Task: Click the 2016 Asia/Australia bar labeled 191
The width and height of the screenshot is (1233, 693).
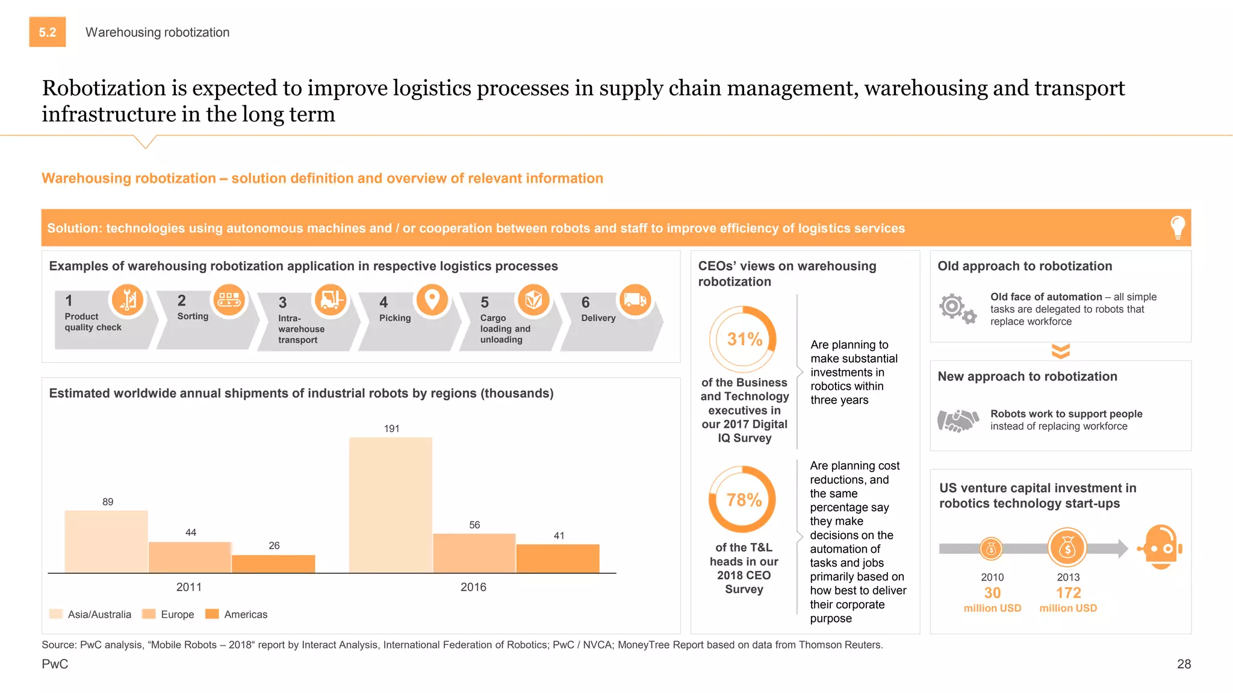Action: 391,505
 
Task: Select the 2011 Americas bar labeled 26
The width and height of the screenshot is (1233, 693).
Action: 273,564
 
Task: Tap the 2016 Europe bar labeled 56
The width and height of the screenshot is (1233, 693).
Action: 474,553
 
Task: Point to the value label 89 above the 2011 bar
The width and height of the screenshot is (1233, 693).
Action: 108,502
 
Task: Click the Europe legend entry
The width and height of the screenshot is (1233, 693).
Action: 168,614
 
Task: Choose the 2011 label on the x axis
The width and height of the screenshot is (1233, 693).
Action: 189,587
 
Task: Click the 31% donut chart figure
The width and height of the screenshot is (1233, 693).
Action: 744,339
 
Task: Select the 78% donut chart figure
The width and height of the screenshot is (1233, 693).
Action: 743,499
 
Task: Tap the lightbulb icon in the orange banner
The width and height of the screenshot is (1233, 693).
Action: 1177,227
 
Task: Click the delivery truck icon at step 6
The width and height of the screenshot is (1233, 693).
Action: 635,300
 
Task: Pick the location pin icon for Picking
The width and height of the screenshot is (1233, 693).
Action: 432,299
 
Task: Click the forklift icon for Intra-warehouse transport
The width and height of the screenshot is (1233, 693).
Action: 331,299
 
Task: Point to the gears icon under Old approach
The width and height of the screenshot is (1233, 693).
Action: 957,309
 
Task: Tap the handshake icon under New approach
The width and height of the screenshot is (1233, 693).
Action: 957,420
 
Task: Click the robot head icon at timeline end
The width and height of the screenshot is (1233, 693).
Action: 1161,547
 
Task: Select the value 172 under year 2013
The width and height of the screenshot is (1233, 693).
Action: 1068,593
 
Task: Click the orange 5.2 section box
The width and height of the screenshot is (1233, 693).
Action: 48,32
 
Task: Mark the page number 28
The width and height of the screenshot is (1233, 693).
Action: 1184,664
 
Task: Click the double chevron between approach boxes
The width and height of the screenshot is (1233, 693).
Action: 1061,351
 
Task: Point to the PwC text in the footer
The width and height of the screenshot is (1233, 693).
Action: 55,664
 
